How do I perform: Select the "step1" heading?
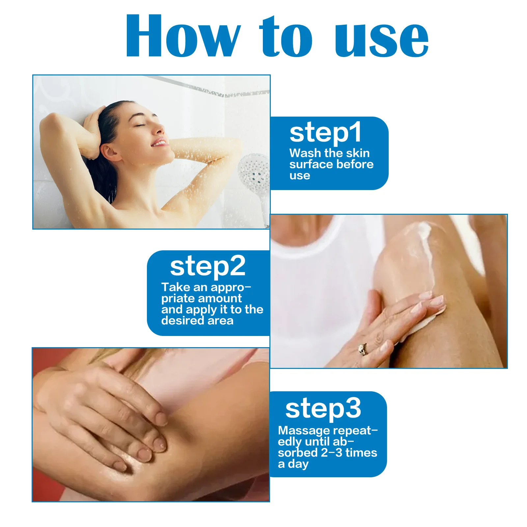(325, 133)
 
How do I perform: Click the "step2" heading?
(208, 266)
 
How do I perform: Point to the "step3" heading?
(323, 408)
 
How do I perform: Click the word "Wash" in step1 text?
(305, 153)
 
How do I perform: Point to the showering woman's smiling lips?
(159, 143)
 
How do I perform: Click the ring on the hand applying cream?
(363, 349)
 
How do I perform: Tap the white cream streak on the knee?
(425, 250)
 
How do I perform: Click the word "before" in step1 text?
(357, 164)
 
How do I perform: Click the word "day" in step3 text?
(298, 464)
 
